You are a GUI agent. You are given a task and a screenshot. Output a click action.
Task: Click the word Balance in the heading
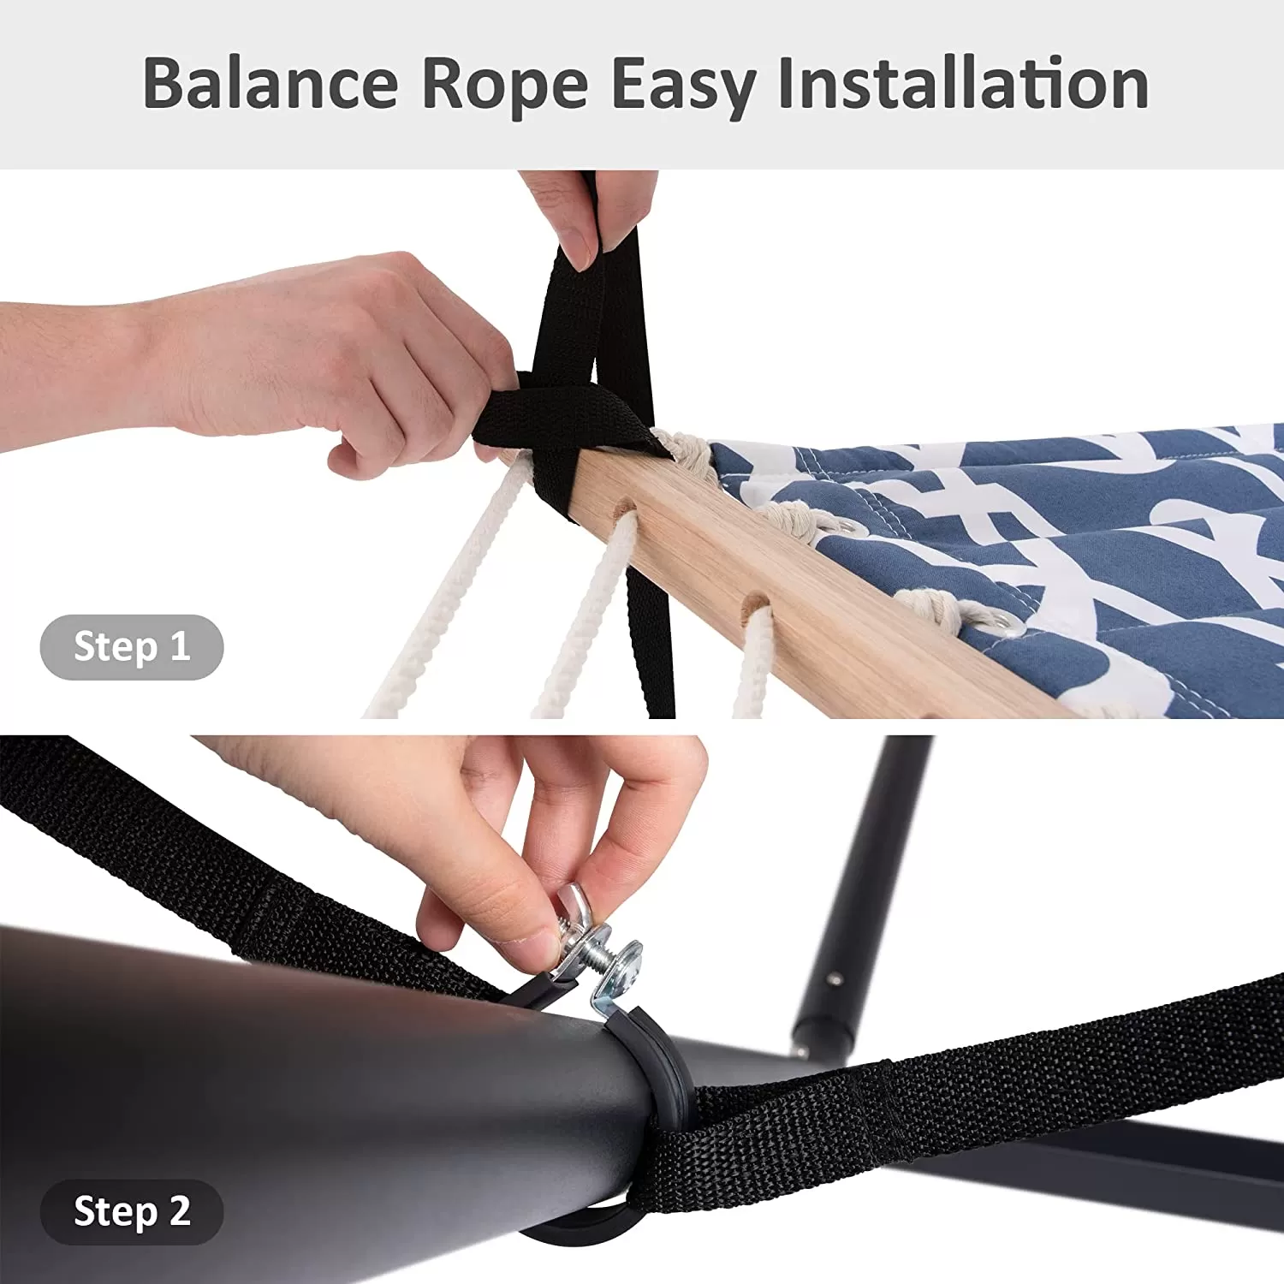(270, 83)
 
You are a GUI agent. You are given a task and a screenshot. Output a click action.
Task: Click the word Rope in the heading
(505, 86)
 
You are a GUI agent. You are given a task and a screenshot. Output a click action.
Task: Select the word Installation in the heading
(962, 83)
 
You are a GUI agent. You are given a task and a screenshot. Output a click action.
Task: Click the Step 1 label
(132, 646)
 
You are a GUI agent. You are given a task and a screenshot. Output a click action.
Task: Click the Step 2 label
(132, 1211)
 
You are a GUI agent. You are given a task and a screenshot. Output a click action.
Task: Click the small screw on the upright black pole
(834, 979)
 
